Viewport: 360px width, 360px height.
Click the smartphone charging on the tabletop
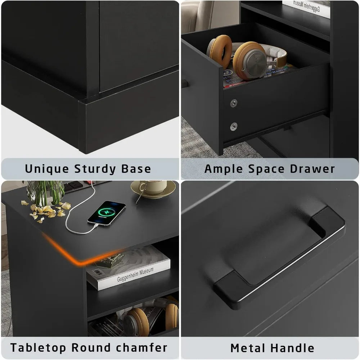(107, 213)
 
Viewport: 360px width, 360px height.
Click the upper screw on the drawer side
(234, 103)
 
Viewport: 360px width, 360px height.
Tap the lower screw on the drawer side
(234, 126)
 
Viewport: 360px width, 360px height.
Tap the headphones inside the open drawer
(248, 58)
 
